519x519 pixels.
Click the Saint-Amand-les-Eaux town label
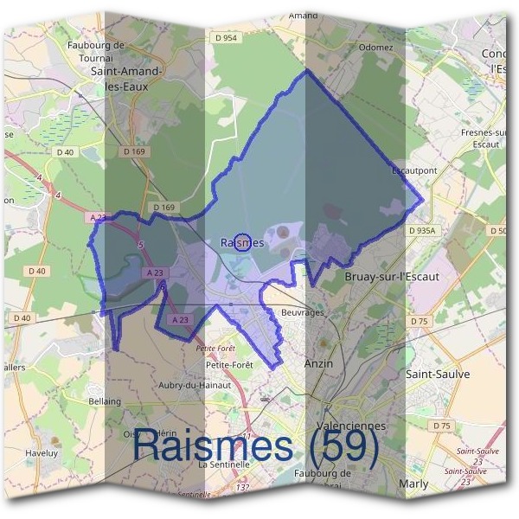121,80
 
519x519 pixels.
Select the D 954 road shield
224,38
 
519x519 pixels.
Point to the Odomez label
375,47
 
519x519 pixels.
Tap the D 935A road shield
422,231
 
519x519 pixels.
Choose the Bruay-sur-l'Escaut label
392,277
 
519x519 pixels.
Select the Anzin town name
318,364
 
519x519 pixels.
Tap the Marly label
413,484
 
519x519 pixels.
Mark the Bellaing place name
106,401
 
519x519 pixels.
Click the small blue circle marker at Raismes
242,241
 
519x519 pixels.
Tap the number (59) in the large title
343,445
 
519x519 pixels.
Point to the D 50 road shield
497,231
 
